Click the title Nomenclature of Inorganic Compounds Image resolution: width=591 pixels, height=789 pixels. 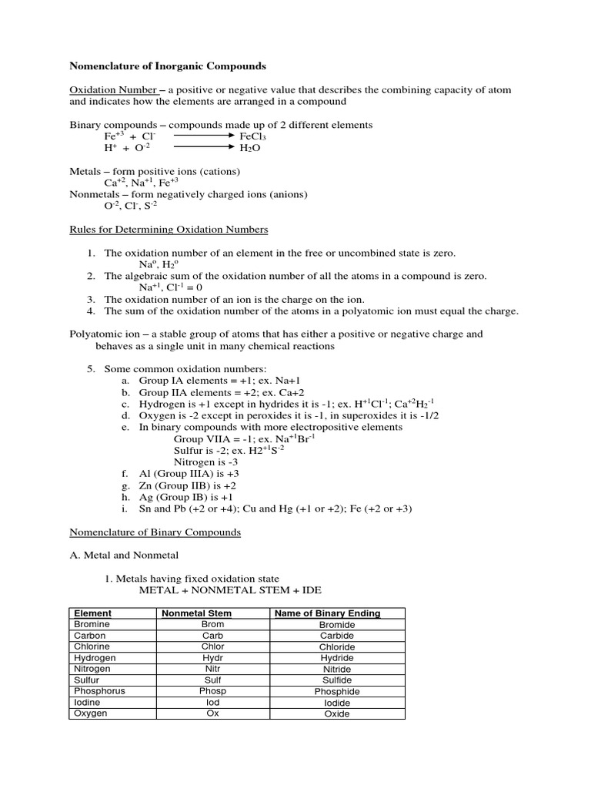click(x=168, y=66)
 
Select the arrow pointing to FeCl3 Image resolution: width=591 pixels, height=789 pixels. click(x=203, y=136)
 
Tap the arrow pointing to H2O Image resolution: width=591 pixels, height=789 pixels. click(x=203, y=148)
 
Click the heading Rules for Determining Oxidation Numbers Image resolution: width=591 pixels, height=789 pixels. click(x=169, y=229)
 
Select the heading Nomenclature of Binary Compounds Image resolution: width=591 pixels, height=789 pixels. click(x=155, y=532)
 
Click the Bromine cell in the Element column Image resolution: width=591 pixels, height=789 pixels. click(x=92, y=624)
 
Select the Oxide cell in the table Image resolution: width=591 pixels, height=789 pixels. click(x=336, y=713)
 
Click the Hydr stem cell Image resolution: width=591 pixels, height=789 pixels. click(x=212, y=658)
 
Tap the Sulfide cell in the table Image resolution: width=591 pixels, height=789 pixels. click(x=336, y=680)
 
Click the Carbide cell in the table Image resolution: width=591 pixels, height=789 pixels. click(x=336, y=636)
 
